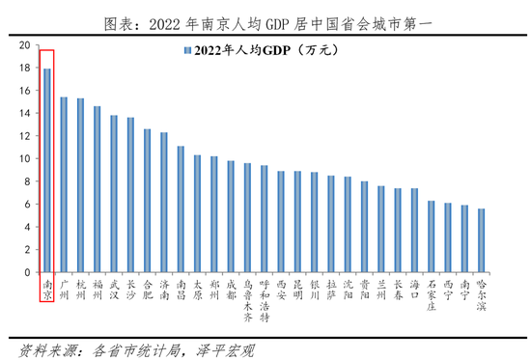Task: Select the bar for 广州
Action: click(64, 184)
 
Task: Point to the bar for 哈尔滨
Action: click(481, 240)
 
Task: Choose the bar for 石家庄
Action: click(431, 236)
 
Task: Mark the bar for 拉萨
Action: click(331, 224)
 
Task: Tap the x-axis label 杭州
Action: click(80, 291)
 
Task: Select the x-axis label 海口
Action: click(414, 291)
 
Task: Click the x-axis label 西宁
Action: click(447, 291)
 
